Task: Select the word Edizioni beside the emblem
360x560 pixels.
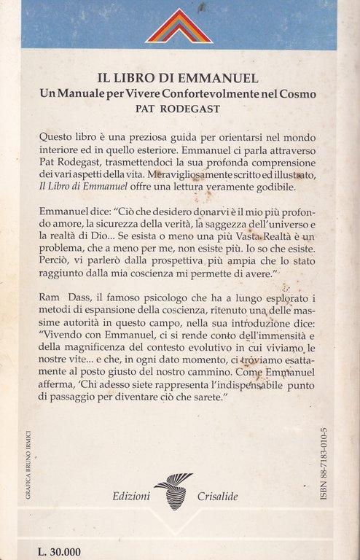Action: coord(131,496)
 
